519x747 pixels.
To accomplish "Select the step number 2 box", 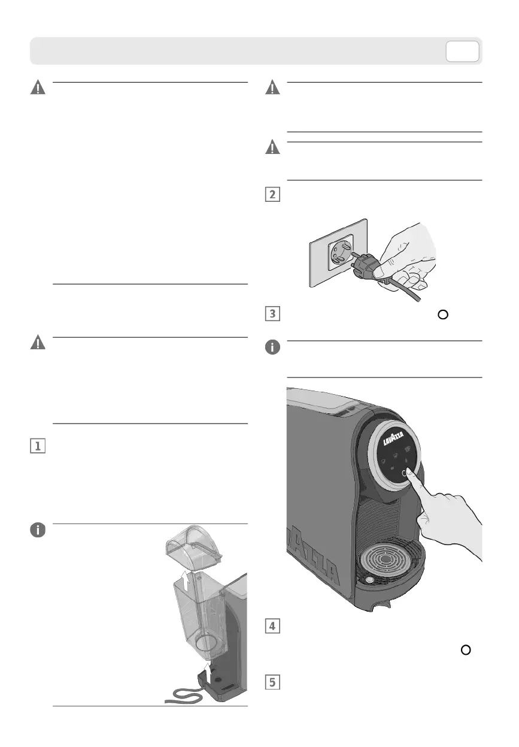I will [273, 195].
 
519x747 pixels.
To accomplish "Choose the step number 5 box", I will [273, 682].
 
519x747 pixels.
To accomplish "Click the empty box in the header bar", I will [462, 52].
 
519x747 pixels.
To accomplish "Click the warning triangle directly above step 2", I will [273, 147].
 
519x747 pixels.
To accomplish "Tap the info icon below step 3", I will [273, 347].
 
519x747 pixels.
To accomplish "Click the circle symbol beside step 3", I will [443, 315].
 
